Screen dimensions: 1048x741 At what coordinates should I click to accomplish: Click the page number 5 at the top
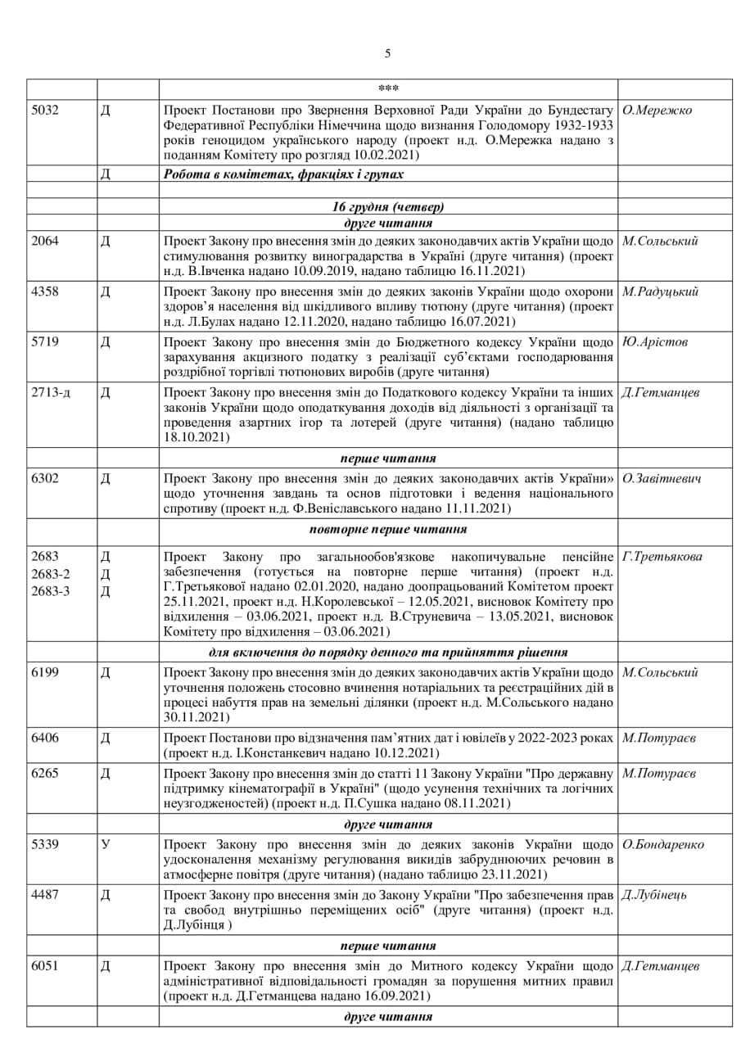(x=387, y=54)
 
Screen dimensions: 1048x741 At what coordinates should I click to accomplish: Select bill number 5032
(x=44, y=111)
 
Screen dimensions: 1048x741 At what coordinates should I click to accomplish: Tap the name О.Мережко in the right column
(x=657, y=111)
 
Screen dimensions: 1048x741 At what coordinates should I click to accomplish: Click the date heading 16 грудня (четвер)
(x=388, y=207)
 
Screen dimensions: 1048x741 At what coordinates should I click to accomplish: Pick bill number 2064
(x=44, y=241)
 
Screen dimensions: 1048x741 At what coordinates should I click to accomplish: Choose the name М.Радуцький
(x=660, y=291)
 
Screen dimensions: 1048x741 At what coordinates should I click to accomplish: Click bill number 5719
(x=44, y=342)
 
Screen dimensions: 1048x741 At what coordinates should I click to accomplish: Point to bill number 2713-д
(x=50, y=392)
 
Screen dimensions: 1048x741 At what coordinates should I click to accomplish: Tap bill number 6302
(x=44, y=478)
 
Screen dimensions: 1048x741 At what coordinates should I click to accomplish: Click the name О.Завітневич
(x=662, y=478)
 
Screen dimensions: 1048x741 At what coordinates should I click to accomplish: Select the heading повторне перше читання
(x=388, y=529)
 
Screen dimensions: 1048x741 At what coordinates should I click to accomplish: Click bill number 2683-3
(x=50, y=591)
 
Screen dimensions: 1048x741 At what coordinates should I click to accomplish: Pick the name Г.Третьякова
(x=662, y=557)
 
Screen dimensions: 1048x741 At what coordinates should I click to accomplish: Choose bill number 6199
(x=44, y=672)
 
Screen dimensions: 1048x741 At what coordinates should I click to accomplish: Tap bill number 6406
(x=44, y=738)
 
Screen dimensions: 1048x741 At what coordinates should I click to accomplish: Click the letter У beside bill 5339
(x=105, y=844)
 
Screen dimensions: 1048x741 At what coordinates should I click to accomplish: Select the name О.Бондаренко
(x=662, y=844)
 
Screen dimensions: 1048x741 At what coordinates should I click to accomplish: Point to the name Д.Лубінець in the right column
(x=654, y=894)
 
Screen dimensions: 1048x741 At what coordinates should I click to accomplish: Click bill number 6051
(x=44, y=966)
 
